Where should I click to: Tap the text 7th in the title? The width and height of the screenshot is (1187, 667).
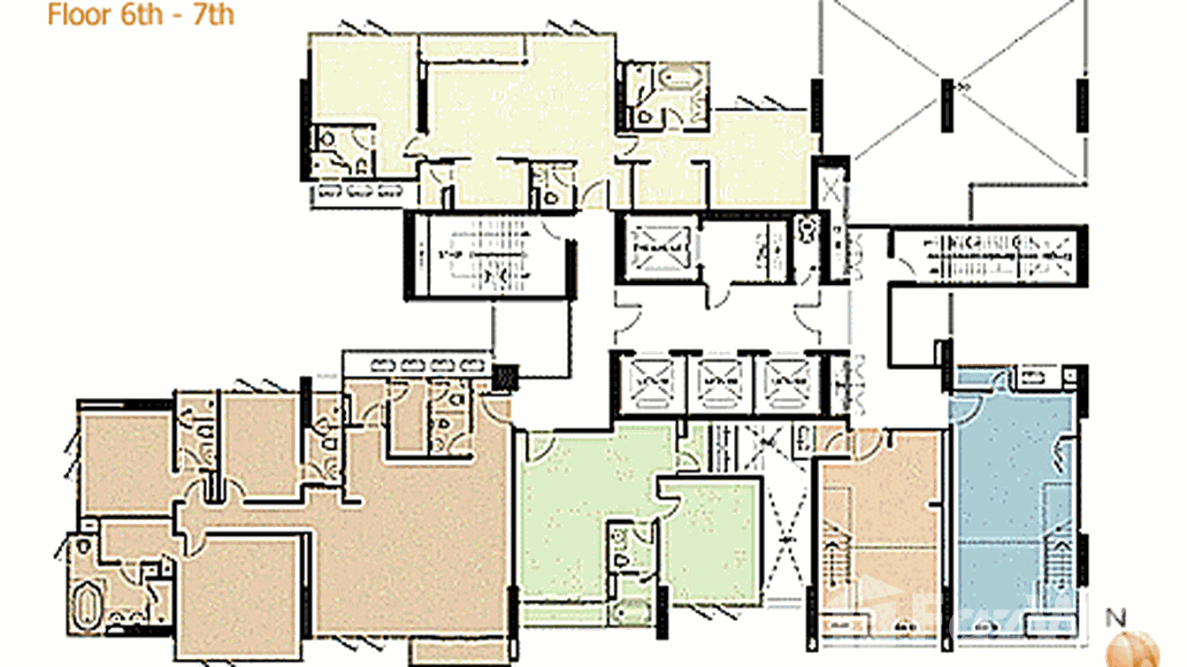click(x=213, y=15)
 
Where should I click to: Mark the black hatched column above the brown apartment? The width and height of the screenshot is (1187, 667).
click(x=506, y=378)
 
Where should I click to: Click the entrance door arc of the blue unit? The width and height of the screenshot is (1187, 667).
click(x=999, y=382)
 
